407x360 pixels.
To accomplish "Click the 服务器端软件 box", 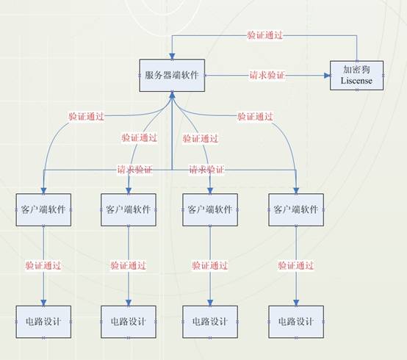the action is tap(172, 75).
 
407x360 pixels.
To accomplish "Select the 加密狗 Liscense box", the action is tap(356, 76).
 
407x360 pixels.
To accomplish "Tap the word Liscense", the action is tap(356, 81).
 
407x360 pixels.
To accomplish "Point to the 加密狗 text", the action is tap(356, 70).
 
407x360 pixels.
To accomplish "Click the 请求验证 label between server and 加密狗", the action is tap(267, 75).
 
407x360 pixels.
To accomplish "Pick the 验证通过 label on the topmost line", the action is tap(264, 35).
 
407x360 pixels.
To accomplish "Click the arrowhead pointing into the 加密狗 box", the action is tap(327, 76).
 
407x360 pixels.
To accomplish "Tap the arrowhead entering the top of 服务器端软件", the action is tap(172, 57).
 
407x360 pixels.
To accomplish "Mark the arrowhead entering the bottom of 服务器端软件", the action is tap(172, 95).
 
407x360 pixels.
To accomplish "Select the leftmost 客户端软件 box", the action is tap(43, 209).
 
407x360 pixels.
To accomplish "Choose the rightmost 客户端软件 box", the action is tap(296, 209).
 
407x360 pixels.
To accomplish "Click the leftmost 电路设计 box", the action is tap(43, 322).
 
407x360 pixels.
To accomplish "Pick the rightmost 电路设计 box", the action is tap(296, 322).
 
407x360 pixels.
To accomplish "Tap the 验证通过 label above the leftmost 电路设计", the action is tap(43, 265).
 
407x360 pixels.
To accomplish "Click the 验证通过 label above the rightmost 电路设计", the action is tap(296, 265).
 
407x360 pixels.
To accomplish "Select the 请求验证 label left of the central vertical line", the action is tap(134, 170).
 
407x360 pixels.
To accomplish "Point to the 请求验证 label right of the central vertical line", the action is tap(206, 170).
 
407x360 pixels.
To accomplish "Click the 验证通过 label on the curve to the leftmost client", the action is tap(87, 116).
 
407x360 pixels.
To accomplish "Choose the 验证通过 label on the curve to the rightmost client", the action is tap(256, 116).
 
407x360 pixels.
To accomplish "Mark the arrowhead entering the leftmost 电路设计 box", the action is tap(43, 303).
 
